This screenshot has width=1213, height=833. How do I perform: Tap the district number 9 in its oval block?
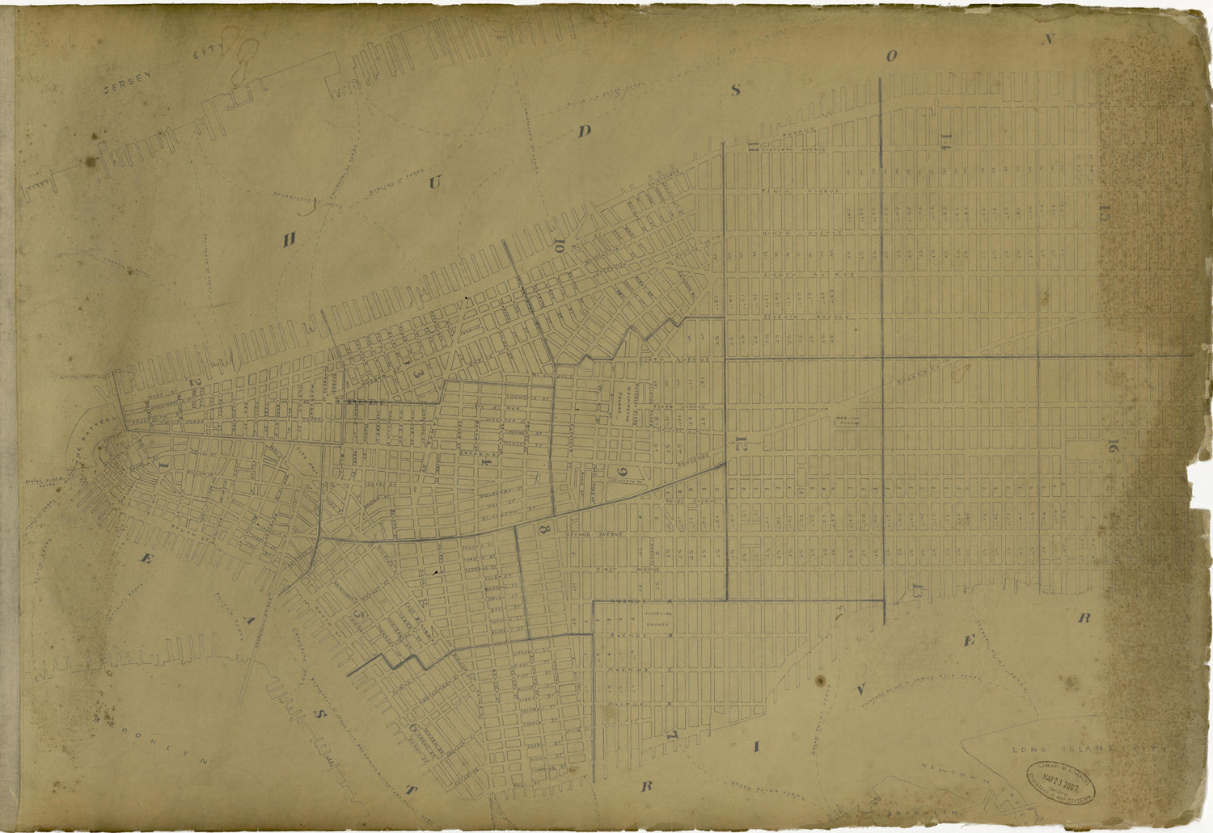(x=623, y=473)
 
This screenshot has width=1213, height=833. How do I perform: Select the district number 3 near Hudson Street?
(x=419, y=375)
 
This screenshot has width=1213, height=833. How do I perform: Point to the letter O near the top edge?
(x=891, y=56)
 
